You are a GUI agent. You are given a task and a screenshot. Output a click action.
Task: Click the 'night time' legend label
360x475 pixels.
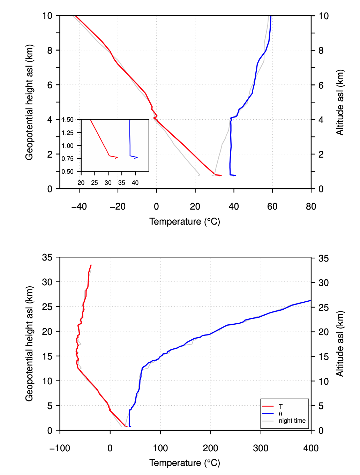tap(292, 421)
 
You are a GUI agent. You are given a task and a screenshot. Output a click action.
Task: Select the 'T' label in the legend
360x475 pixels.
tap(281, 406)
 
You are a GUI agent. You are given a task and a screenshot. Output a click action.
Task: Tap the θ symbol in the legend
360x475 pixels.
tap(280, 414)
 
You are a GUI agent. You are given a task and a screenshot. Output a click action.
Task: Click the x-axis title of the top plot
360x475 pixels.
tap(185, 221)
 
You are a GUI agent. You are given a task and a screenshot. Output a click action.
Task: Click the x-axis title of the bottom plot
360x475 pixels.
tap(185, 463)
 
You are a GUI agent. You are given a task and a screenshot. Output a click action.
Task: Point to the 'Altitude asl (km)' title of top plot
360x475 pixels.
tap(340, 102)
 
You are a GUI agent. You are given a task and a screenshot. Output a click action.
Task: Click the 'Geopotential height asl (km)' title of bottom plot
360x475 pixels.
tap(29, 344)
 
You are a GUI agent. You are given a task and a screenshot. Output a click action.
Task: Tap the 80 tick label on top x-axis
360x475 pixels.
tap(311, 206)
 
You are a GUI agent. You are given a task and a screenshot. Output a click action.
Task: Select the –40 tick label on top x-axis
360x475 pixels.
tap(79, 206)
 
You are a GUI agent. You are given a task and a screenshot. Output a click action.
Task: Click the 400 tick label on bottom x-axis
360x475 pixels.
tap(311, 448)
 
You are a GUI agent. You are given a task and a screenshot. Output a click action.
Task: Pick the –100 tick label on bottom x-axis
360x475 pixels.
tap(60, 448)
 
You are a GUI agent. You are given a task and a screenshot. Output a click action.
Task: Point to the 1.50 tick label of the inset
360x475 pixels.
tap(68, 120)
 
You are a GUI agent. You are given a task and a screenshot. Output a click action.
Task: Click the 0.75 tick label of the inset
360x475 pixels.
tap(68, 159)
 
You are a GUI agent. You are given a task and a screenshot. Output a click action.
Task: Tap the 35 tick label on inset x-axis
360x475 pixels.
tap(121, 183)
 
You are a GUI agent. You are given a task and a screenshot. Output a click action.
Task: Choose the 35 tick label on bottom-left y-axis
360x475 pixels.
tap(47, 257)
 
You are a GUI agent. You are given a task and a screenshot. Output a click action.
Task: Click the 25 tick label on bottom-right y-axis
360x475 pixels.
tap(323, 307)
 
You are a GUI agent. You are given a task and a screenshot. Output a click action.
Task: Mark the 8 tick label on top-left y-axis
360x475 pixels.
tap(50, 50)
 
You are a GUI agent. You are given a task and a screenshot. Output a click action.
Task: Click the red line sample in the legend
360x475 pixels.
tap(268, 406)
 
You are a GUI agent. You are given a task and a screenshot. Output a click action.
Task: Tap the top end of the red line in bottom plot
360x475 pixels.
tap(91, 265)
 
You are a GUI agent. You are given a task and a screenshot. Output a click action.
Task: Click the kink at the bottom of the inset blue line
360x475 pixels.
tap(130, 156)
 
